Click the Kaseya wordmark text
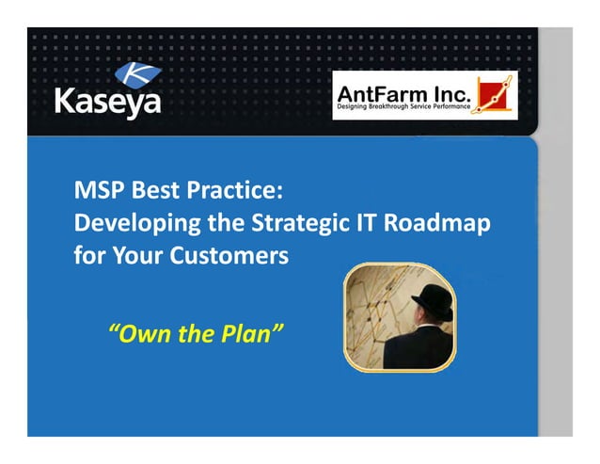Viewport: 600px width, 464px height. (x=107, y=101)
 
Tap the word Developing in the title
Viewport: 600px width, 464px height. (x=127, y=223)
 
